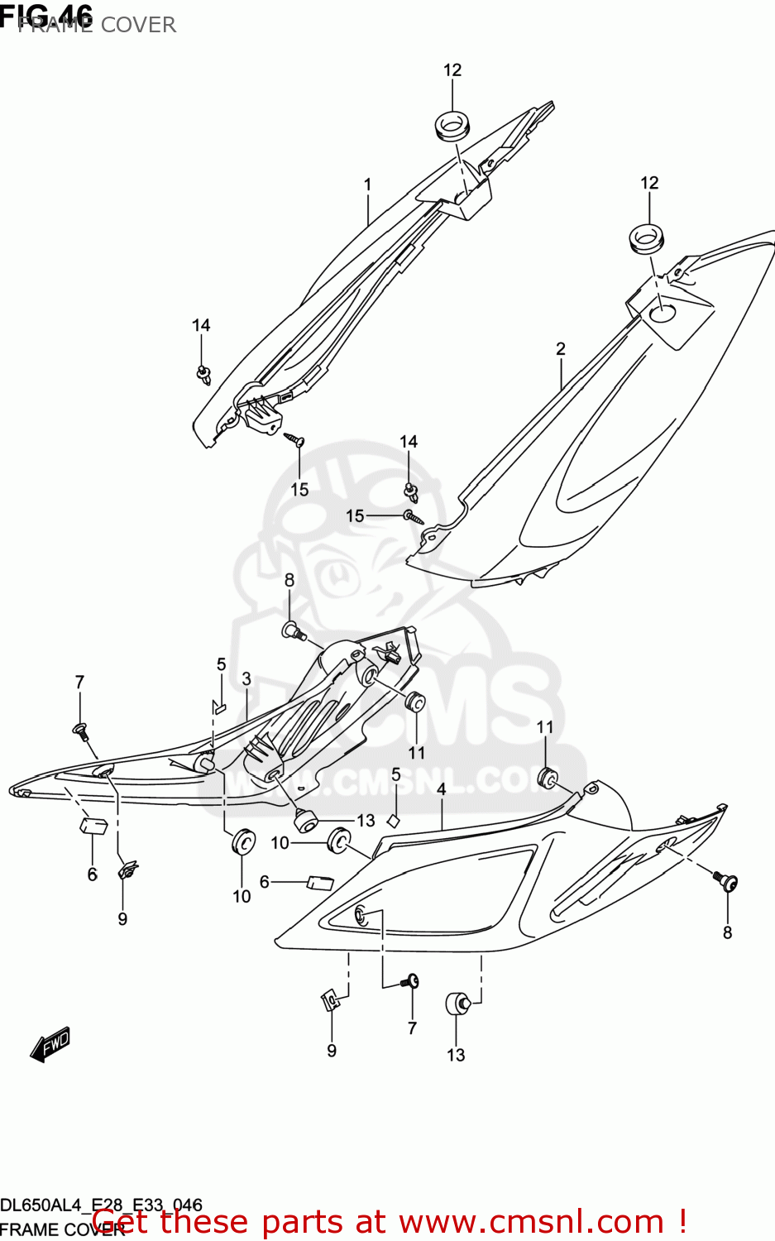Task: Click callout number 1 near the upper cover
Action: click(367, 184)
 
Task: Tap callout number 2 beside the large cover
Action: click(561, 349)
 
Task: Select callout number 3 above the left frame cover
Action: click(246, 679)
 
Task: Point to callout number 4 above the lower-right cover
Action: click(442, 789)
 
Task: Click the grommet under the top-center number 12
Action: click(452, 125)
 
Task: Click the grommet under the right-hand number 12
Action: click(648, 238)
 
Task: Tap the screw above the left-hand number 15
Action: click(294, 438)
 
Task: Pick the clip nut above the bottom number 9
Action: click(330, 1001)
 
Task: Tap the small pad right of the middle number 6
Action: click(319, 882)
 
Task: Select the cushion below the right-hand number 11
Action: click(547, 778)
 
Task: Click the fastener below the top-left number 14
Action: click(203, 374)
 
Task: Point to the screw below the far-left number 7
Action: click(80, 731)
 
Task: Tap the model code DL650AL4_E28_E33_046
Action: click(101, 1205)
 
